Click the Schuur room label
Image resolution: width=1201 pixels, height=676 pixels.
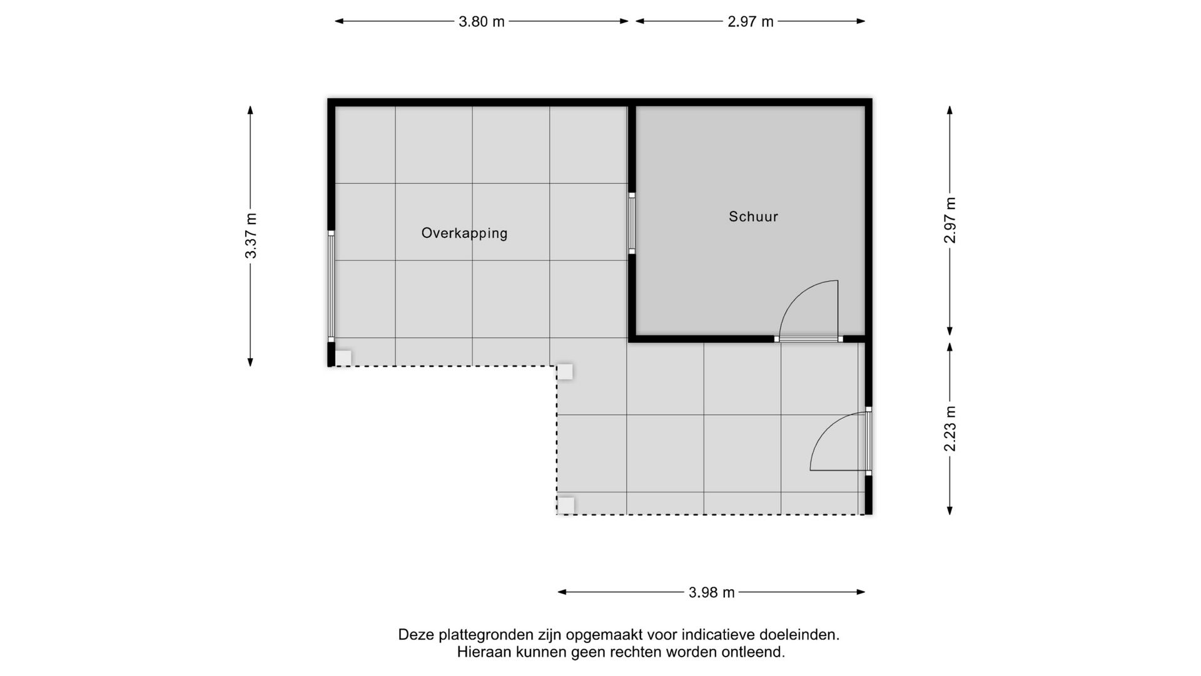pos(753,217)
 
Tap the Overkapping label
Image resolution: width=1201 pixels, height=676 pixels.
pos(464,233)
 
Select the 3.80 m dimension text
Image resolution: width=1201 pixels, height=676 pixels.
pos(481,22)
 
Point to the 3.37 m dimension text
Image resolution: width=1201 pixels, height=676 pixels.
pos(251,235)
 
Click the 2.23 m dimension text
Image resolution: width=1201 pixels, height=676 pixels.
pos(950,429)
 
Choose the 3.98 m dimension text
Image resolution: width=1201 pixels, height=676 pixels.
pos(711,592)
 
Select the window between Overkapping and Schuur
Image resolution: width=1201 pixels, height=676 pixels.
pos(632,223)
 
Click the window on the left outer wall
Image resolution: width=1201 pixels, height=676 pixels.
pos(331,285)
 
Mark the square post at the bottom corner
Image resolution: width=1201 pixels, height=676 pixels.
pos(565,505)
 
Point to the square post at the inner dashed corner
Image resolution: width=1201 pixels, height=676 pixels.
pos(565,372)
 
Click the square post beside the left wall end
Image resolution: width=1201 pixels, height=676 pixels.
pos(343,358)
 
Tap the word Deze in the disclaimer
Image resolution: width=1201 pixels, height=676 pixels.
pos(416,635)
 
